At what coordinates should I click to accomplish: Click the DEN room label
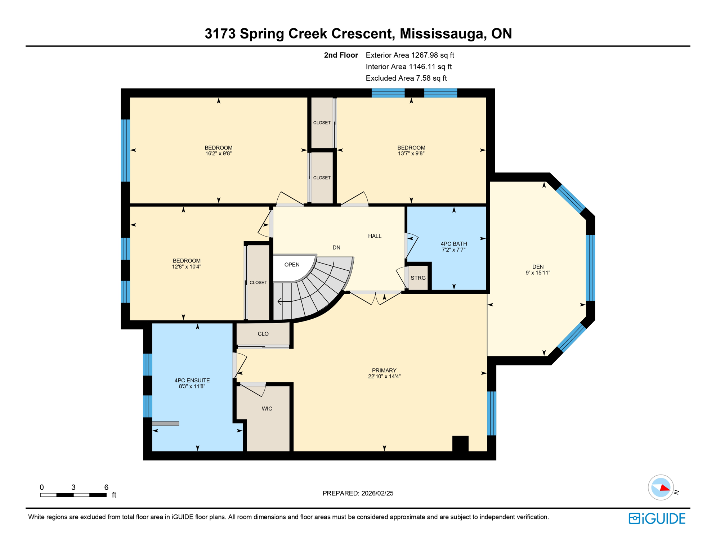coord(538,267)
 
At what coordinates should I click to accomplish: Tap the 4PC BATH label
coord(454,244)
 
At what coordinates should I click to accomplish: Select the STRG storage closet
coord(418,278)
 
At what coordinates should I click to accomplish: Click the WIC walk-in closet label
coord(267,409)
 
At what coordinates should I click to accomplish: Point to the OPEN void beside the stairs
coord(292,265)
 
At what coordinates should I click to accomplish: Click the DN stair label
coord(336,248)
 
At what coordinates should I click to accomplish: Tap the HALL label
coord(375,236)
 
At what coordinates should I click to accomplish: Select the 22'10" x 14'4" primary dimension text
coord(384,377)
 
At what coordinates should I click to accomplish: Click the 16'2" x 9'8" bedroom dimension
coord(218,153)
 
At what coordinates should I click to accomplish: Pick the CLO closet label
coord(263,334)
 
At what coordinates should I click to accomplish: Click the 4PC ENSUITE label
coord(192,381)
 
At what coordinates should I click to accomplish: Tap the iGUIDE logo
coord(657,518)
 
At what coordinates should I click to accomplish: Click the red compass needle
coord(665,488)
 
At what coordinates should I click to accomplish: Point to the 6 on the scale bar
coord(106,487)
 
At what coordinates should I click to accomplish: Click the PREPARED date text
coord(358,493)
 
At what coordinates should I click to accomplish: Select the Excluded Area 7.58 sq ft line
coord(406,78)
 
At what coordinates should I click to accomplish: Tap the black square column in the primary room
coord(460,443)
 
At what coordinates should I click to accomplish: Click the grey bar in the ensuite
coord(165,424)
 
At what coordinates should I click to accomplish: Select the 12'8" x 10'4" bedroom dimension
coord(187,267)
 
